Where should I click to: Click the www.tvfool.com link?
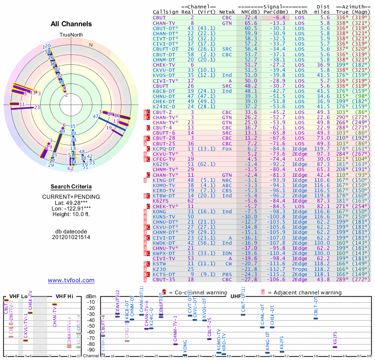pos(71,280)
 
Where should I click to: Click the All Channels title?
pos(71,24)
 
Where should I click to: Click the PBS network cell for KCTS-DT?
pos(227,274)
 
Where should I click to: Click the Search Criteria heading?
pos(71,187)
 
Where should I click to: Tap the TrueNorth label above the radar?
pos(71,35)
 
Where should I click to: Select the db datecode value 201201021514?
pos(71,237)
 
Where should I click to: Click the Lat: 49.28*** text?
pos(71,202)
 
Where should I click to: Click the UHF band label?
pos(236,296)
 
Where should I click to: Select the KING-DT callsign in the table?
pos(164,180)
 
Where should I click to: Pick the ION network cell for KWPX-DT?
pos(227,253)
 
